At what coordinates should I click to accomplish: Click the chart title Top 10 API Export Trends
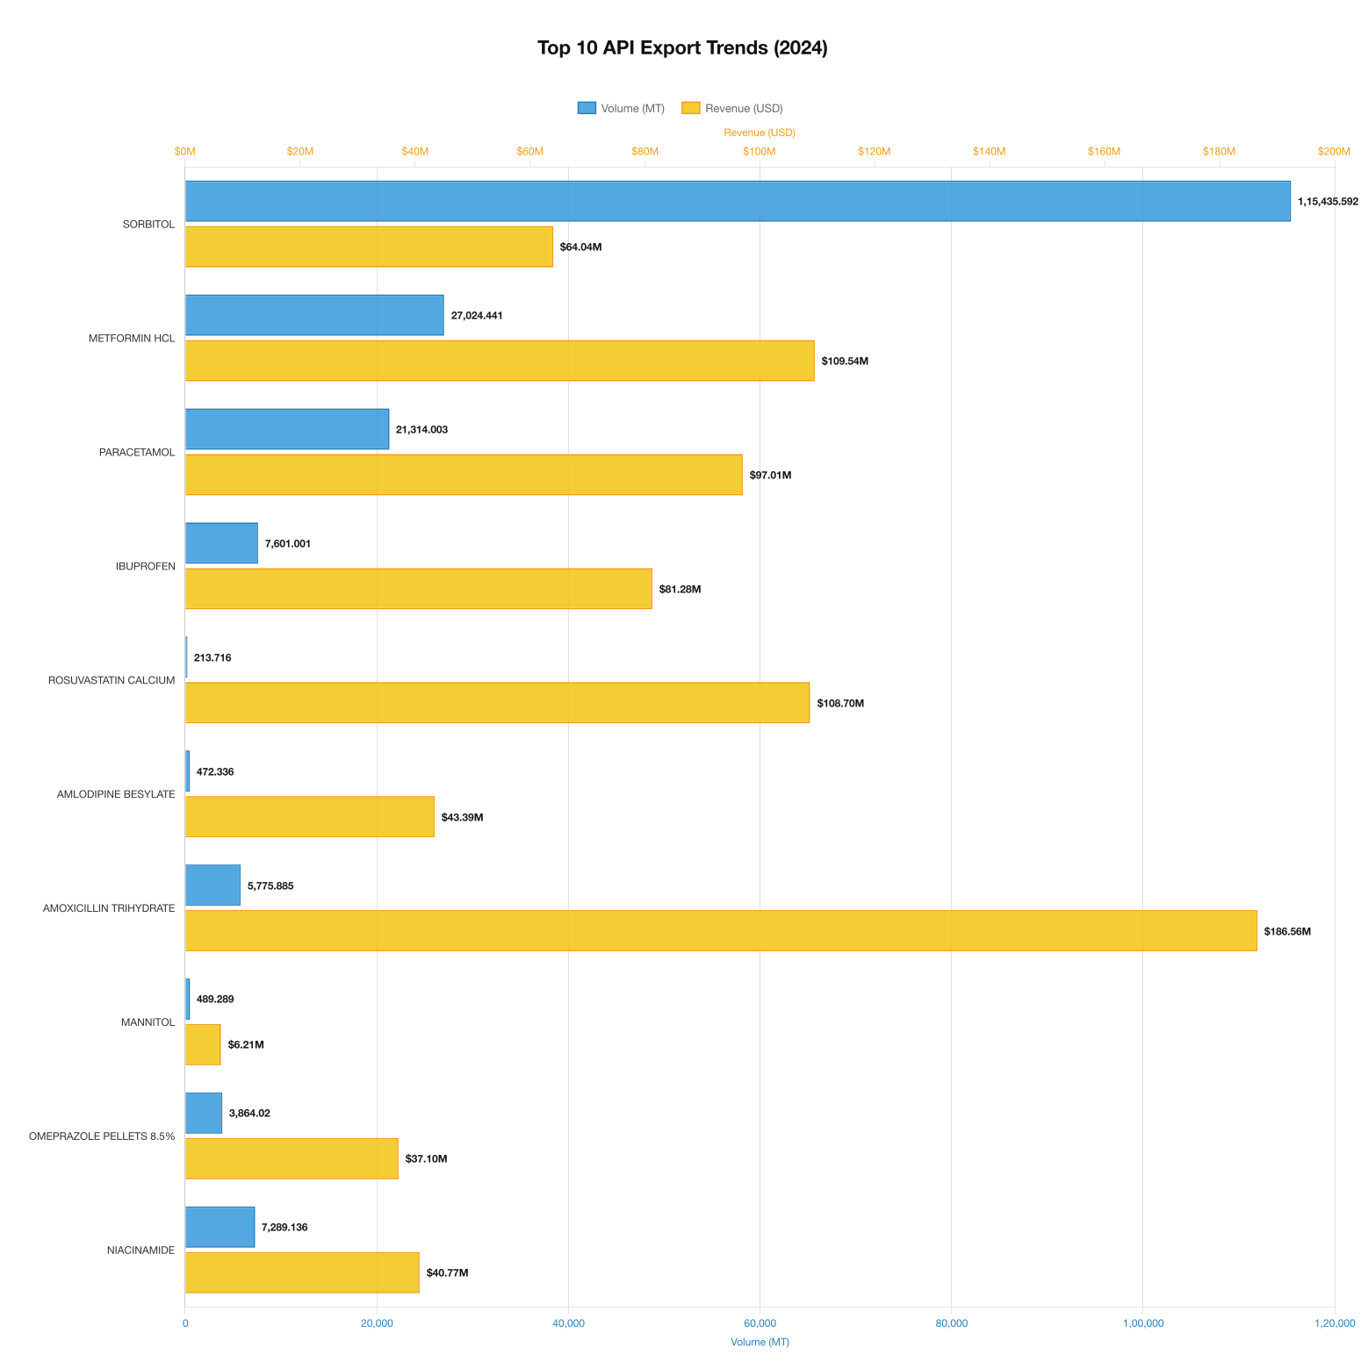coord(681,48)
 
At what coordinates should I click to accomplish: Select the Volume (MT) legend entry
coord(621,108)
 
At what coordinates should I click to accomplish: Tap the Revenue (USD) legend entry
coord(732,108)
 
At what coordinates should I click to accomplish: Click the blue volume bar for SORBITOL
coord(738,201)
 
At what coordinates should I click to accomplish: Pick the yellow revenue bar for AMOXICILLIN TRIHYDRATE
coord(720,930)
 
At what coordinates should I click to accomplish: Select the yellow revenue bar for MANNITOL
coord(203,1044)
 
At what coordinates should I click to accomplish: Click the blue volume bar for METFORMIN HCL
coord(314,315)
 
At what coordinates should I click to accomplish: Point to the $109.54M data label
coord(845,361)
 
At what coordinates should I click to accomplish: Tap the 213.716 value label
coord(212,657)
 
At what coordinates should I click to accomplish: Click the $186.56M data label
coord(1287,931)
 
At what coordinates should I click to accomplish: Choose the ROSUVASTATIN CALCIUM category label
coord(112,680)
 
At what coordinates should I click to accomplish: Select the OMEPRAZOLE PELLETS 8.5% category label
coord(102,1136)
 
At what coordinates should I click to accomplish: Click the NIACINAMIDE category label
coord(140,1250)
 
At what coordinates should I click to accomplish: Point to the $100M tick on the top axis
coord(760,151)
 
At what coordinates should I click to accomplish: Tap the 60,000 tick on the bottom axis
coord(760,1323)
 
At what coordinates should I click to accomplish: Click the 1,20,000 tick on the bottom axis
coord(1334,1323)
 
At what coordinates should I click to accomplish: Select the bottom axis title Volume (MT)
coord(760,1342)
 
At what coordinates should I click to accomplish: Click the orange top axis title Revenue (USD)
coord(760,133)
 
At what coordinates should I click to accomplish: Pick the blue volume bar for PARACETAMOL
coord(287,429)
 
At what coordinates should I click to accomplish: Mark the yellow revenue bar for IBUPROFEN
coord(418,588)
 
